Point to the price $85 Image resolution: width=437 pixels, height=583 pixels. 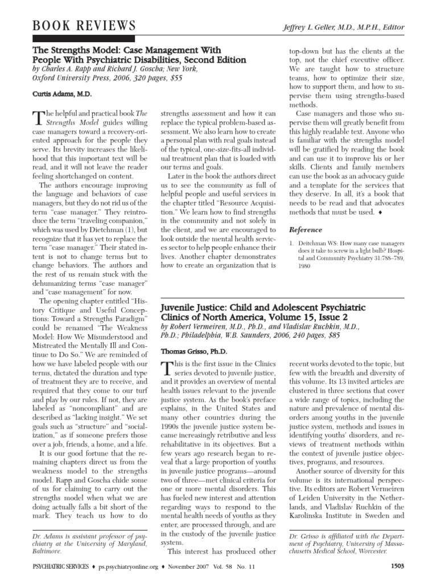coord(253,342)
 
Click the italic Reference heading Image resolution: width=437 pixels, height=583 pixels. coord(306,230)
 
